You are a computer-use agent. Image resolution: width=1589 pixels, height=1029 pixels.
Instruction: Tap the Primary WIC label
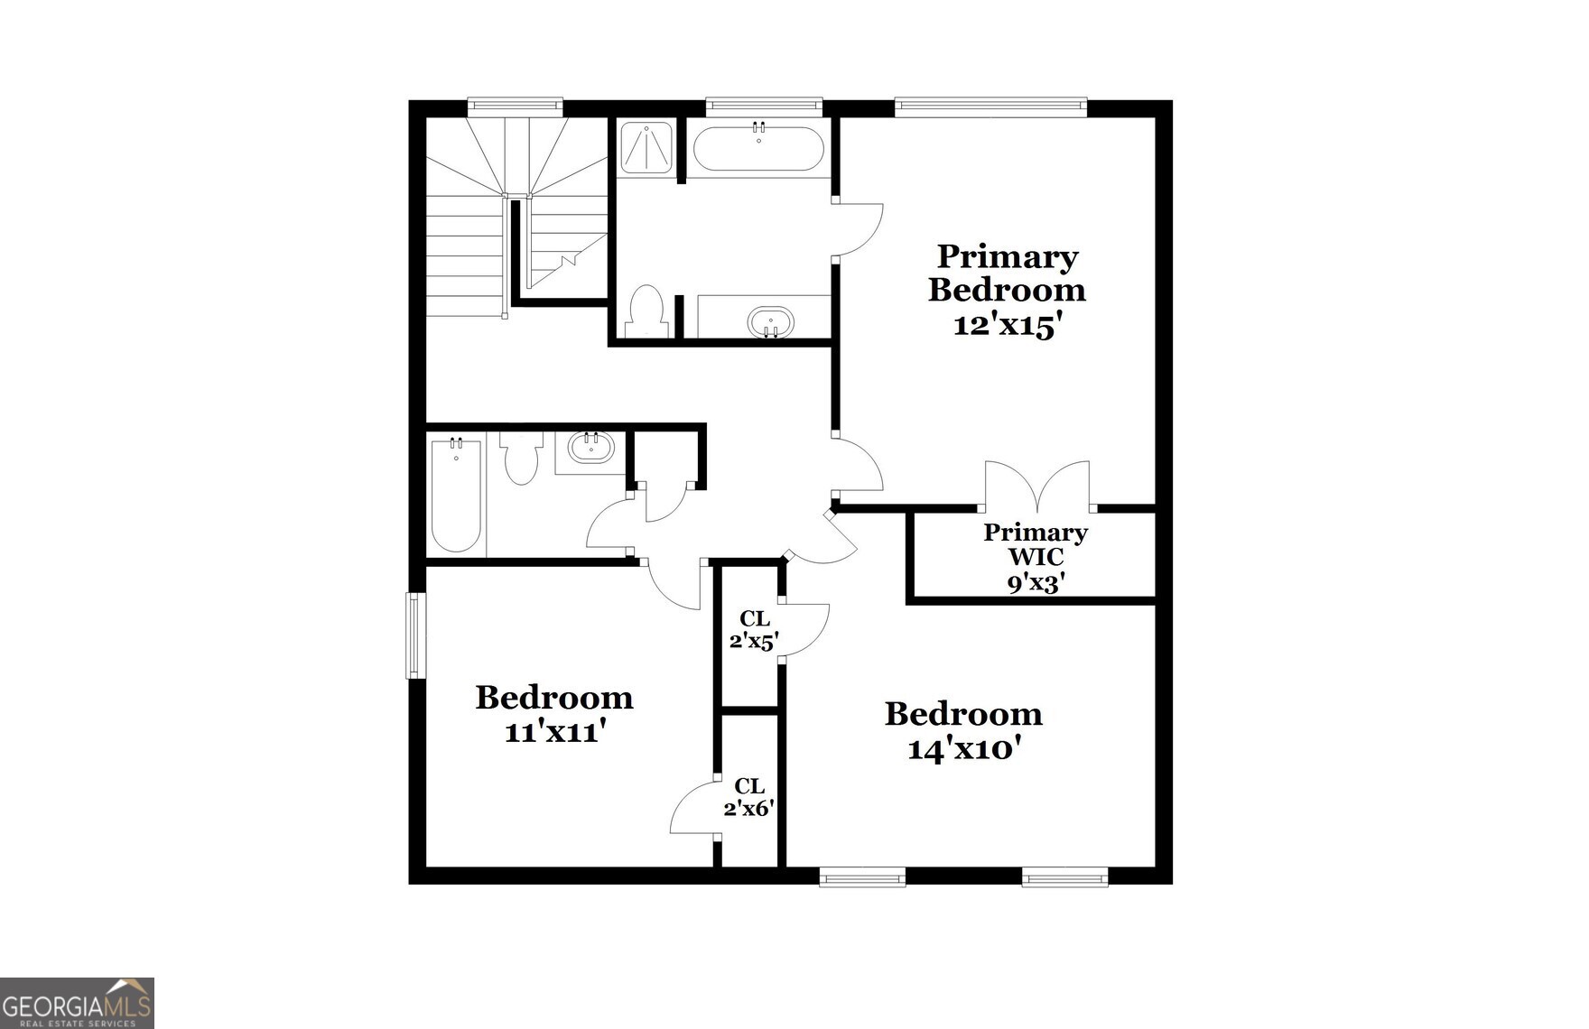pyautogui.click(x=1035, y=544)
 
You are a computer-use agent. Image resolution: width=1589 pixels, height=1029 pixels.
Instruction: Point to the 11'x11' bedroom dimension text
pyautogui.click(x=553, y=732)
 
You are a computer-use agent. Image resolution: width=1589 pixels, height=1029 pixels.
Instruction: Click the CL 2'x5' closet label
pyautogui.click(x=754, y=630)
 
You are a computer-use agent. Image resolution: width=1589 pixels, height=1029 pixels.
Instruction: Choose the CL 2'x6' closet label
pyautogui.click(x=748, y=797)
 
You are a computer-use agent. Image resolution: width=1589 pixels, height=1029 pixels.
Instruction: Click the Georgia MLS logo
pyautogui.click(x=77, y=1003)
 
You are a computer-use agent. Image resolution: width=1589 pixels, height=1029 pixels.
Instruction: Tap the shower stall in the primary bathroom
pyautogui.click(x=646, y=146)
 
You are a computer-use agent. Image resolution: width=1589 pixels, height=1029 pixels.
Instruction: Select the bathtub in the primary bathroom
pyautogui.click(x=758, y=148)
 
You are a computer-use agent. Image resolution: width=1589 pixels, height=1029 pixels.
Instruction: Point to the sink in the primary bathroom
pyautogui.click(x=770, y=321)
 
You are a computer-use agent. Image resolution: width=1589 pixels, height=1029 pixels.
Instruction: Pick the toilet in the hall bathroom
pyautogui.click(x=521, y=458)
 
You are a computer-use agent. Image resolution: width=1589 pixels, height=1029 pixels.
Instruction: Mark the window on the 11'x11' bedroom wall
pyautogui.click(x=414, y=635)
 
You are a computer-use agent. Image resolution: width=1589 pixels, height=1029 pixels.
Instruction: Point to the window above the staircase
pyautogui.click(x=515, y=107)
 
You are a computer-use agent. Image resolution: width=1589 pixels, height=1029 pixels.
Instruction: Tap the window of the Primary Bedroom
pyautogui.click(x=990, y=107)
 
